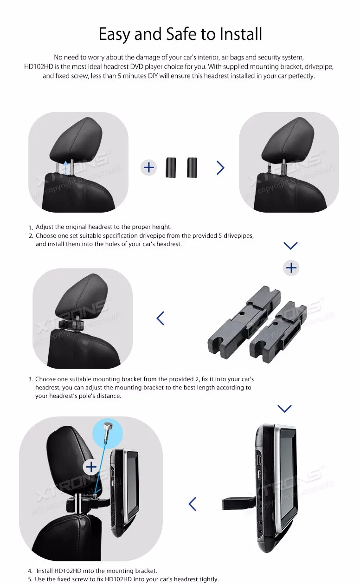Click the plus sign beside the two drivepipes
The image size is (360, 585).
pos(149,167)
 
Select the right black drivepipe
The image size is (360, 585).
pos(192,167)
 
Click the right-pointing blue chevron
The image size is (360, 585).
pos(220,168)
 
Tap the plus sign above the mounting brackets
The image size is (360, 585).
pos(291,268)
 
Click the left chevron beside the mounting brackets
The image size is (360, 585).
pos(161,318)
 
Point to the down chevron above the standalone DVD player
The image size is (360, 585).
pos(284,409)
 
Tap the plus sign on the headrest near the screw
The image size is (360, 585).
pos(91,467)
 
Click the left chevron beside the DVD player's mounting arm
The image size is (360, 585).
pos(192,503)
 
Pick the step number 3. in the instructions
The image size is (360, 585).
pos(31,379)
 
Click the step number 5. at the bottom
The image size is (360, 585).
pos(30,579)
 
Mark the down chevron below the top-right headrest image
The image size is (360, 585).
pos(290,246)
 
